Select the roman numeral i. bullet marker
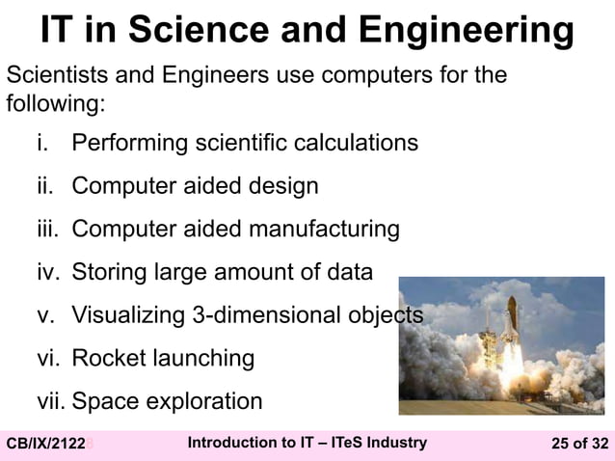click(41, 144)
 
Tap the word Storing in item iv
click(109, 273)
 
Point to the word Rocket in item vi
click(107, 359)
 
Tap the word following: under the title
click(56, 101)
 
